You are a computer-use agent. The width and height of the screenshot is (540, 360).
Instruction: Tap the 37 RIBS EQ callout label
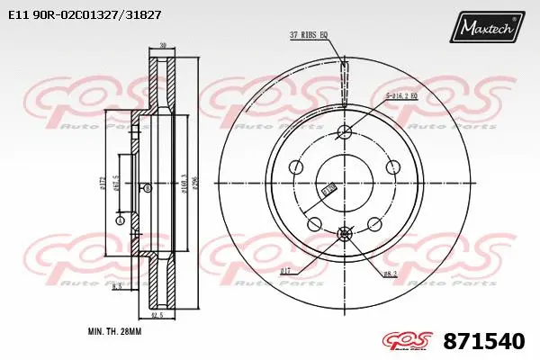click(309, 34)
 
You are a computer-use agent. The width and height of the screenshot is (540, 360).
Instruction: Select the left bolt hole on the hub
click(295, 167)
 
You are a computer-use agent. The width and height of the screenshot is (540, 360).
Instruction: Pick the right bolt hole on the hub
click(392, 167)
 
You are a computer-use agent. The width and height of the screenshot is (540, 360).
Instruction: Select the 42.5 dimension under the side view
click(156, 315)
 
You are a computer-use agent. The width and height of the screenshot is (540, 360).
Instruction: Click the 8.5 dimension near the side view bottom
click(118, 286)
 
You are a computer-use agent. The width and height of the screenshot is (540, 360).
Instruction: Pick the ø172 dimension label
click(104, 184)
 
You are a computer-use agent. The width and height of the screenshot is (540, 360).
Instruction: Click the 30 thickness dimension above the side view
click(162, 45)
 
